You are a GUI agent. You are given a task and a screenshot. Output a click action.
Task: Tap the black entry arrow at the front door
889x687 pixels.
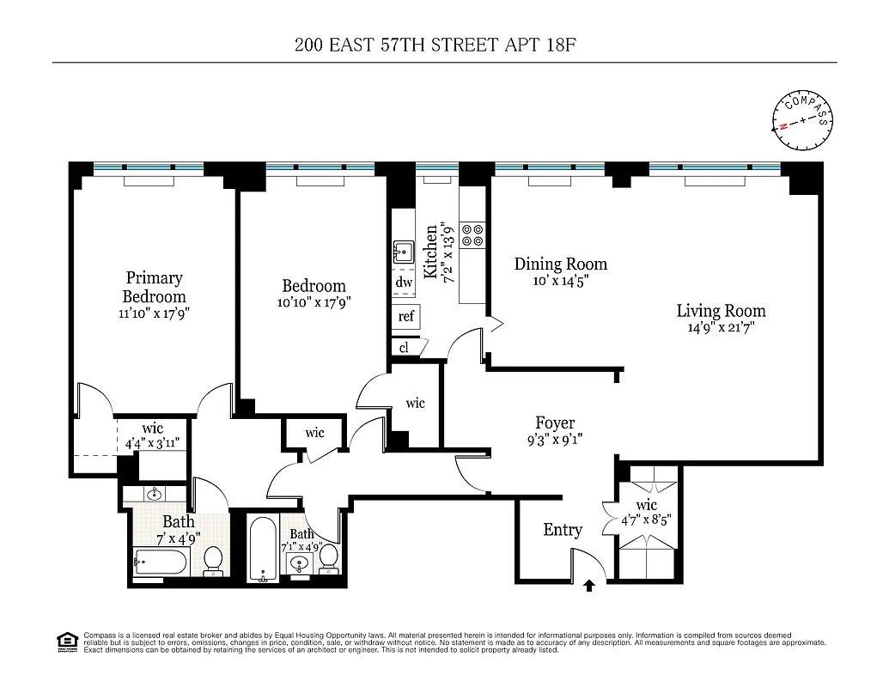pyautogui.click(x=589, y=587)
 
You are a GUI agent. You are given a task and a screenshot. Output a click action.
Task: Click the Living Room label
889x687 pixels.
pyautogui.click(x=721, y=311)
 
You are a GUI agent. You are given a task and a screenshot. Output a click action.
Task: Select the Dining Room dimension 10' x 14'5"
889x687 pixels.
pyautogui.click(x=560, y=280)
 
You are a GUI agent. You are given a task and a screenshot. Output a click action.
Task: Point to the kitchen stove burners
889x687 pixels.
pyautogui.click(x=472, y=234)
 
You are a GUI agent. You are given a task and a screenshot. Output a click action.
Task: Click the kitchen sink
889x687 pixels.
pyautogui.click(x=403, y=252)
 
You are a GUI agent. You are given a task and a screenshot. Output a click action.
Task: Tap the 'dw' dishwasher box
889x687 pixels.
pyautogui.click(x=404, y=282)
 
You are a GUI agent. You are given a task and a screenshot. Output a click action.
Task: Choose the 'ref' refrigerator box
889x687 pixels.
pyautogui.click(x=406, y=316)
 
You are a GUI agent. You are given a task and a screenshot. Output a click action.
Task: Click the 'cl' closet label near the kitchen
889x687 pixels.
pyautogui.click(x=404, y=347)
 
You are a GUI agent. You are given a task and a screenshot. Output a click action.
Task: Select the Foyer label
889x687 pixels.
pyautogui.click(x=555, y=423)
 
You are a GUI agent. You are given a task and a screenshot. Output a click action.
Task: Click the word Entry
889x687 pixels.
pyautogui.click(x=563, y=530)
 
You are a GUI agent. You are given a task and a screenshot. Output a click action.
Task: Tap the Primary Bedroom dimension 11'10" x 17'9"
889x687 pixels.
pyautogui.click(x=154, y=313)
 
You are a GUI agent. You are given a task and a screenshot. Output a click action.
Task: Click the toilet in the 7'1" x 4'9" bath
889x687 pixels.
pyautogui.click(x=328, y=561)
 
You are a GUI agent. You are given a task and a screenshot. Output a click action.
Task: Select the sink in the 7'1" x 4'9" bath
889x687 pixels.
pyautogui.click(x=299, y=564)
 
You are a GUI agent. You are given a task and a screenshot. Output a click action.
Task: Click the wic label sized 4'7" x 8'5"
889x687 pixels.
pyautogui.click(x=646, y=505)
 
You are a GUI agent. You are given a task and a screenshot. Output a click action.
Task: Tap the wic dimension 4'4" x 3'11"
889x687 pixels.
pyautogui.click(x=152, y=443)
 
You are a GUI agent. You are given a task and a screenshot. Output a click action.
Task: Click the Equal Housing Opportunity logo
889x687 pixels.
pyautogui.click(x=65, y=640)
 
